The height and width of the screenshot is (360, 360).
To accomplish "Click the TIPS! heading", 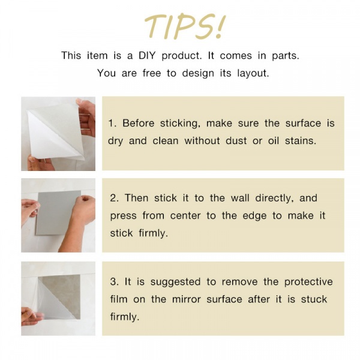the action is click(x=185, y=26).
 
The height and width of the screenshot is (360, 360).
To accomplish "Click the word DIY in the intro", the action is click(x=147, y=56).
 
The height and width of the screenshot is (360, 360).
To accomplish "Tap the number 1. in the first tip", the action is click(x=112, y=123).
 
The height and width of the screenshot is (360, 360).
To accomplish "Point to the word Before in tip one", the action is click(x=138, y=123).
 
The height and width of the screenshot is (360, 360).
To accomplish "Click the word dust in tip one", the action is click(x=236, y=140).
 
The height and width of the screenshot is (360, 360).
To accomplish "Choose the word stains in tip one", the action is click(x=301, y=140).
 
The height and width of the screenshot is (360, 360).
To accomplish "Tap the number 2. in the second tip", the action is click(x=115, y=198).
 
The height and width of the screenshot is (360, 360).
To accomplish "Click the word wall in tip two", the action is click(x=240, y=198).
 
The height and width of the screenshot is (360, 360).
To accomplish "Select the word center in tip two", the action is click(x=185, y=215).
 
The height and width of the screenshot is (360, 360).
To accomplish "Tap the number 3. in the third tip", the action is click(x=115, y=282).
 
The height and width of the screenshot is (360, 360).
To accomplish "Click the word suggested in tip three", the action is click(x=175, y=282).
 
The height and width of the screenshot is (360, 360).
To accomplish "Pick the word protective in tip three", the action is click(x=308, y=282).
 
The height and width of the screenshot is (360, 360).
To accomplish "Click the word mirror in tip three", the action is click(x=187, y=299).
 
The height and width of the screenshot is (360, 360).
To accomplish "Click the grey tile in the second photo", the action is click(x=58, y=212).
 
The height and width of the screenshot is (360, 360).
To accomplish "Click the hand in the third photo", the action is click(x=31, y=317).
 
